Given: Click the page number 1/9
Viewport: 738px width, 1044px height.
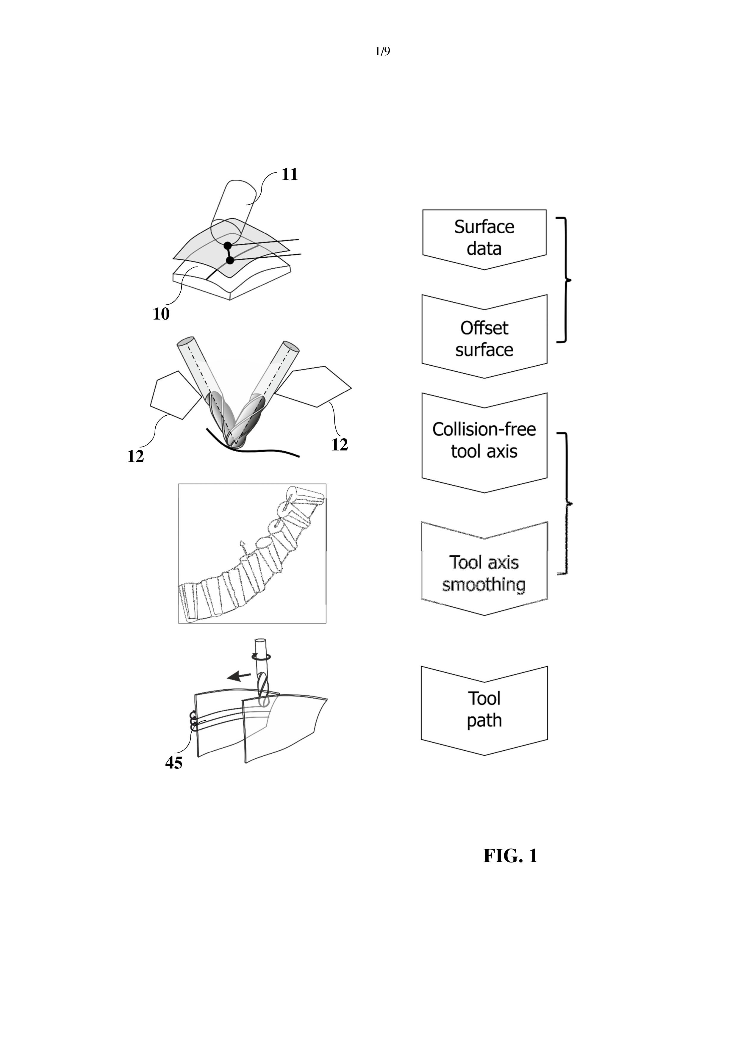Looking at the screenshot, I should click(382, 51).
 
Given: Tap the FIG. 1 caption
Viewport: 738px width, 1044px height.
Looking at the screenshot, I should click(510, 856).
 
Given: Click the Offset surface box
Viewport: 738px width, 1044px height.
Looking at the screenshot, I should click(484, 338).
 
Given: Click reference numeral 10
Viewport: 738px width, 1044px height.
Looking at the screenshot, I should click(161, 314).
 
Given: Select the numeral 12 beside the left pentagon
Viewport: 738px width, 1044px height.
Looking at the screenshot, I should click(135, 456).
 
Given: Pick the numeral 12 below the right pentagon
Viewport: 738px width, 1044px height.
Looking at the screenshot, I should click(339, 444).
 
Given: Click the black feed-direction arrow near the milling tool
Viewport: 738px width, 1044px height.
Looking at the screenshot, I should click(239, 677).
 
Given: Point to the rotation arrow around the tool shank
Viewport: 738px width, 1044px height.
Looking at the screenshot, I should click(262, 656).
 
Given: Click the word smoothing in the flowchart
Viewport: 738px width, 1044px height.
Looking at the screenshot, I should click(484, 585).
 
